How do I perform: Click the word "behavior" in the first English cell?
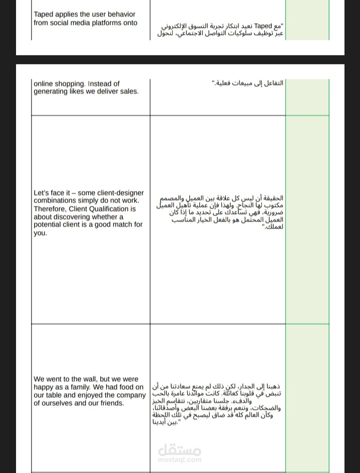122,15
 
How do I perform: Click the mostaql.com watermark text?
179,459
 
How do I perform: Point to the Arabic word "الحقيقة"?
272,199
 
